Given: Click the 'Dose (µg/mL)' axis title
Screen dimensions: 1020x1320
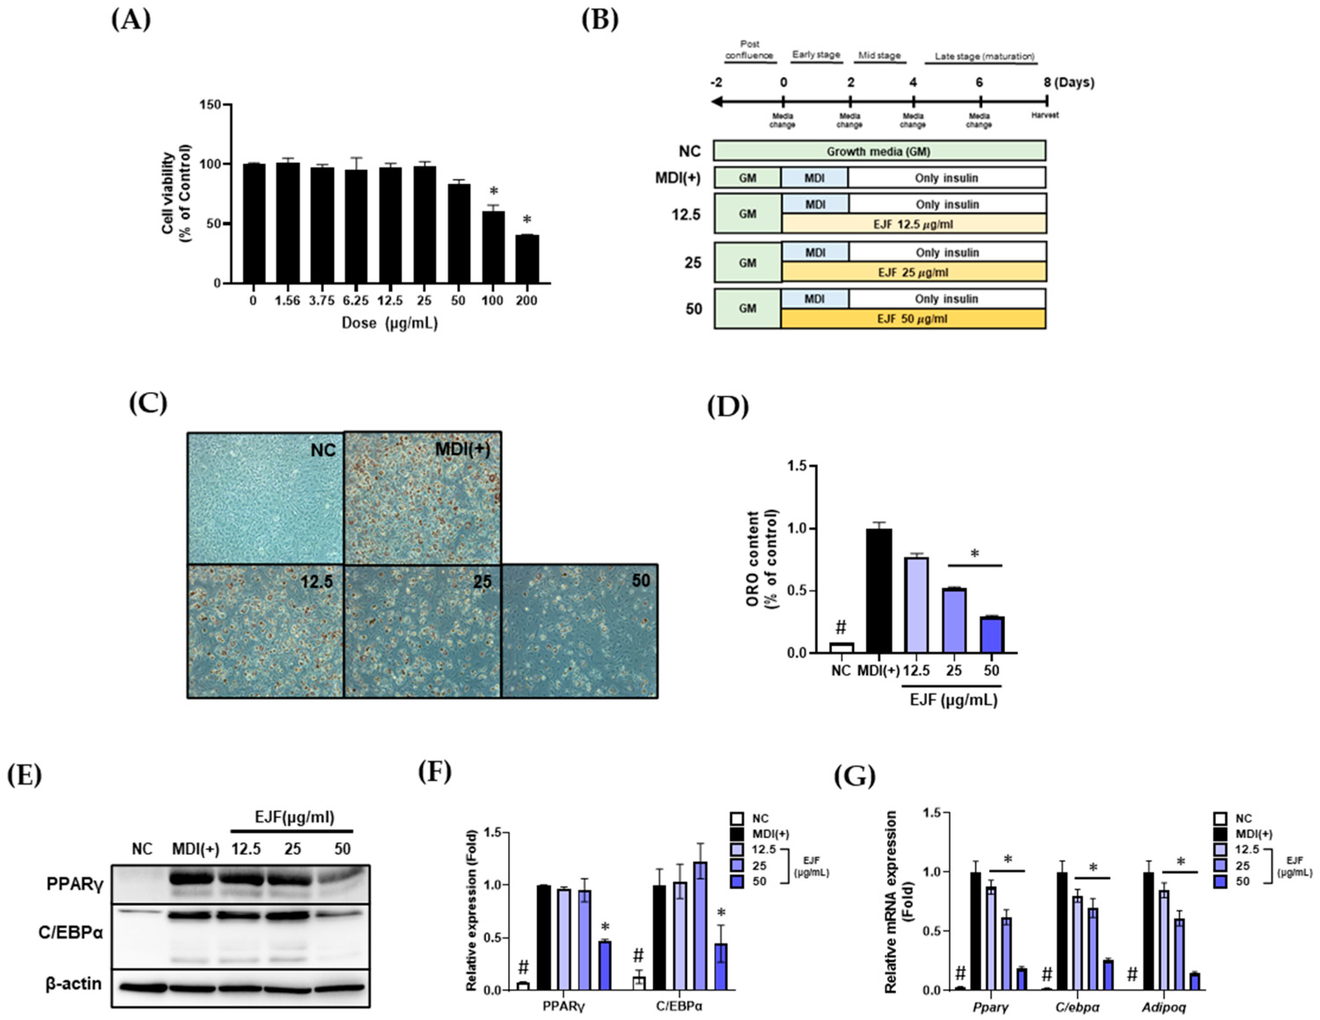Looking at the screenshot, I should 389,323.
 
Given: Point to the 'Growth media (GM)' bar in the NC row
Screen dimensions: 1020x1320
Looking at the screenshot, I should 879,151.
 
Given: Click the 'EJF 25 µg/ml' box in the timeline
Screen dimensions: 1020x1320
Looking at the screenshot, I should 913,273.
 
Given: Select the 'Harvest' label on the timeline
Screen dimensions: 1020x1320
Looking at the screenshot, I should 1045,115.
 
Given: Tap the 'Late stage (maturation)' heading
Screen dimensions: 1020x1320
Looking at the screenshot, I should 985,57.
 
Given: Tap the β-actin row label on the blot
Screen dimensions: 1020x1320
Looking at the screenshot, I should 74,984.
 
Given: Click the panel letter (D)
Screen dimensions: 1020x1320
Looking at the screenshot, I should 728,407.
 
